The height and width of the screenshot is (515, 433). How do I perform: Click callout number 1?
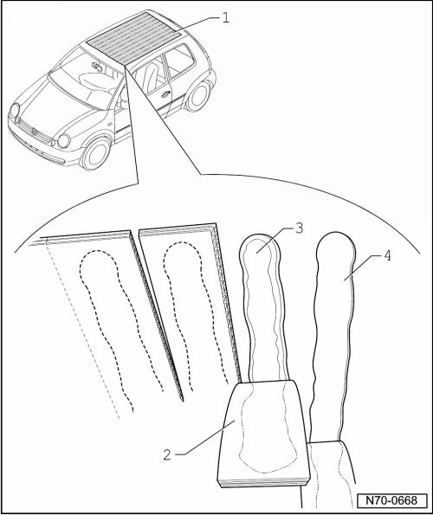(x=225, y=17)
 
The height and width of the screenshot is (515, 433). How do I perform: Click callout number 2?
(x=167, y=454)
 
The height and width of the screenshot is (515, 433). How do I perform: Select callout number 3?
(x=299, y=229)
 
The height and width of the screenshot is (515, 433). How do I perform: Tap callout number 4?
(x=388, y=255)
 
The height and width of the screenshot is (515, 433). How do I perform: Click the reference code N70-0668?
(x=391, y=500)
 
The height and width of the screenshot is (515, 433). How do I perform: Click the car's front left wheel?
(x=95, y=154)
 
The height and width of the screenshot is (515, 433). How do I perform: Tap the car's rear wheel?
(x=198, y=95)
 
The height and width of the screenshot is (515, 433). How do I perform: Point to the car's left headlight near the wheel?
(x=63, y=141)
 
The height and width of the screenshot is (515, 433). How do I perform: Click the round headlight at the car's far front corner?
(x=14, y=111)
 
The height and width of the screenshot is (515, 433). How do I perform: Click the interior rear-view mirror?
(x=97, y=67)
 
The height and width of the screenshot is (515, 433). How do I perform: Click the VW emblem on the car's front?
(x=33, y=132)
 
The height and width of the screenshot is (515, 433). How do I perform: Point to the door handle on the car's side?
(x=164, y=95)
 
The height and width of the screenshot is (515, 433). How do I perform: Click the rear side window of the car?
(x=179, y=61)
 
